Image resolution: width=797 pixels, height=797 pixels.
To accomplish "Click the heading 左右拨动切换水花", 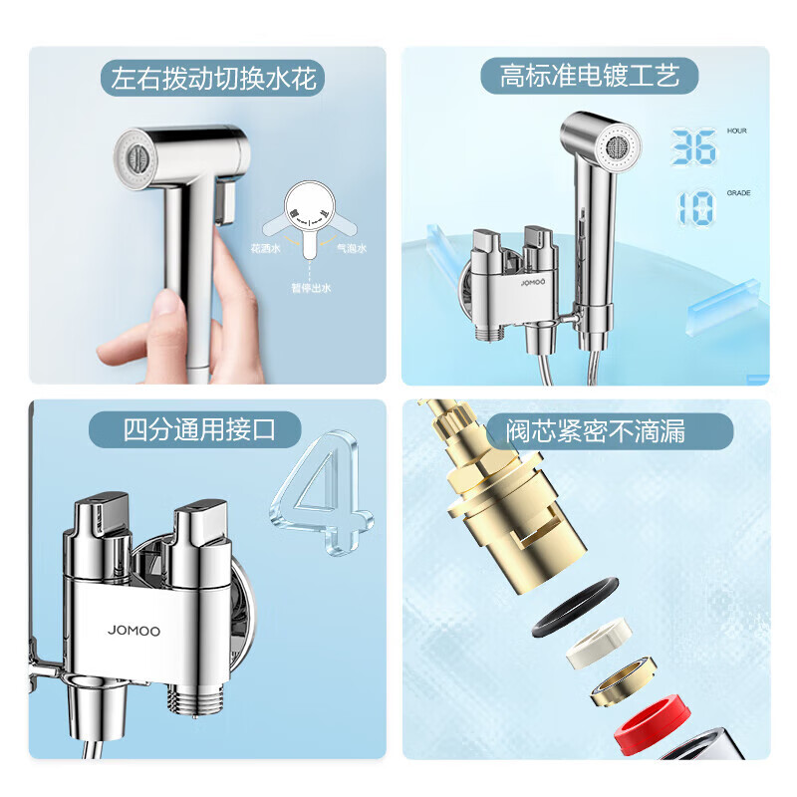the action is point(213,78).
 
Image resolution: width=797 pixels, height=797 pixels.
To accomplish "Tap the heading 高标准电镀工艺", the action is point(589,76).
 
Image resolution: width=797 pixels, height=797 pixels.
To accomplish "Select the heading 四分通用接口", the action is point(199,429).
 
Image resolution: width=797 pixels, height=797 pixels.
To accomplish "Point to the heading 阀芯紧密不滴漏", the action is point(596,431).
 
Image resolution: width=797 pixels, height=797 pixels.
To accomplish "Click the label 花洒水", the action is point(265,248).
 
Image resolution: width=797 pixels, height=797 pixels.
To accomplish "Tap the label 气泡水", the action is point(352,248).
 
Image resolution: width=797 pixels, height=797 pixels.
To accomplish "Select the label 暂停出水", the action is point(311,288).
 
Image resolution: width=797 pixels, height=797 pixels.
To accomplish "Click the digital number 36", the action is point(693,146).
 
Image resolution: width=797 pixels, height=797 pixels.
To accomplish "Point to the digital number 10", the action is point(695,208).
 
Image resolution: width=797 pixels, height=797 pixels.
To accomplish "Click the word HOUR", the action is point(737,132).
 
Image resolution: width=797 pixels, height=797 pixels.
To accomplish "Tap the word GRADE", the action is point(738,193).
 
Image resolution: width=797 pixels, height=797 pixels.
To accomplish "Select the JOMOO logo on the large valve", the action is point(134,631).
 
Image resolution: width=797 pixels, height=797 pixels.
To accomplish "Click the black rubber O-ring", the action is point(575,607).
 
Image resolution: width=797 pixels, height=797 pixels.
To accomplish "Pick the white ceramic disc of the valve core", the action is point(600,643).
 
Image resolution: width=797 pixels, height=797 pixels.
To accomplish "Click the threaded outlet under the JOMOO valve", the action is point(195,700).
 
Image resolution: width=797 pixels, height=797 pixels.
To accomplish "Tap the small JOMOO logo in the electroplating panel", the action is point(533,282).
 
